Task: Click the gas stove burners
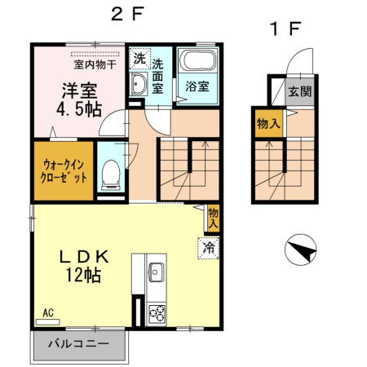[155, 313]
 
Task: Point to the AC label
[48, 312]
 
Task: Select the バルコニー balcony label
[78, 343]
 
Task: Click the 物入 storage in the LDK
[213, 216]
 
